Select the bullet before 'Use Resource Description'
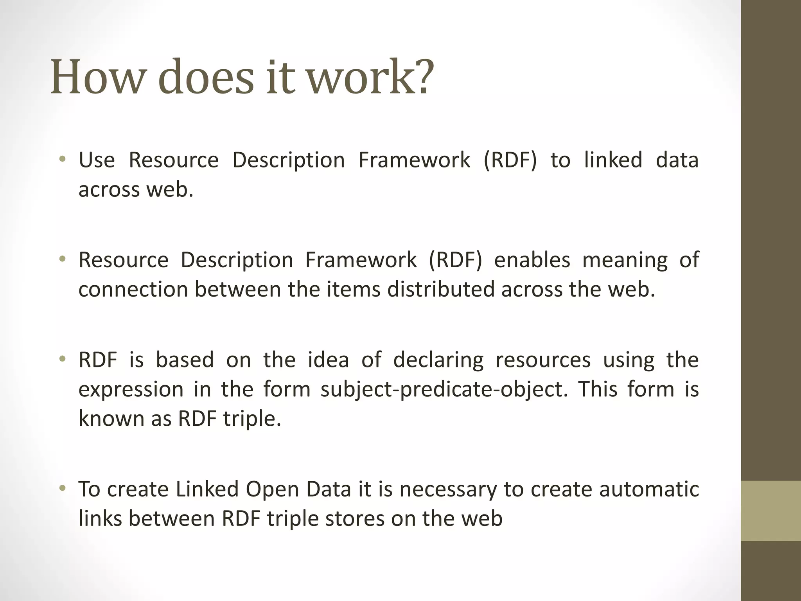click(62, 159)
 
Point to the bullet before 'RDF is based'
click(62, 359)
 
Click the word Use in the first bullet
click(97, 160)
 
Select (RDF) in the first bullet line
click(510, 160)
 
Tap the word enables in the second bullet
click(532, 260)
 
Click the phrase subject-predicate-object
click(444, 390)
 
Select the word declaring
click(438, 360)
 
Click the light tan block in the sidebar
click(770, 511)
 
